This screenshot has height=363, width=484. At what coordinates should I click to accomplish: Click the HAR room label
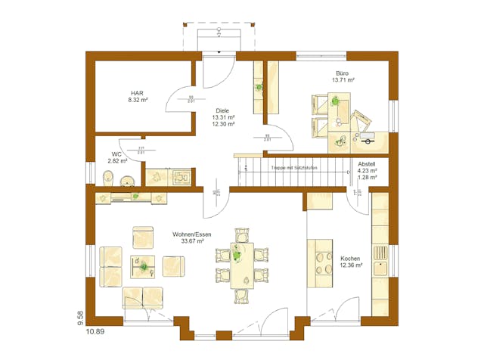137,93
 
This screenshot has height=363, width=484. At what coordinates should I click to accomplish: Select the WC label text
116,154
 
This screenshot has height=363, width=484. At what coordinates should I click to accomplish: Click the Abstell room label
366,164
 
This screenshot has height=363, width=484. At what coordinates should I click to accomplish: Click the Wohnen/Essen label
191,234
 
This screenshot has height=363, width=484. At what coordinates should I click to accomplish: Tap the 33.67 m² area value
191,241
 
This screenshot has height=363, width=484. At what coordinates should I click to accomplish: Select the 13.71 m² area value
344,79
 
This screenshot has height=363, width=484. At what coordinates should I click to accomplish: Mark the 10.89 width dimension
95,331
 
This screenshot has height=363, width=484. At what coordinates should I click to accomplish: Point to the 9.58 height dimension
80,316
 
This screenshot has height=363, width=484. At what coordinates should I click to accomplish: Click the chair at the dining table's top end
242,232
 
